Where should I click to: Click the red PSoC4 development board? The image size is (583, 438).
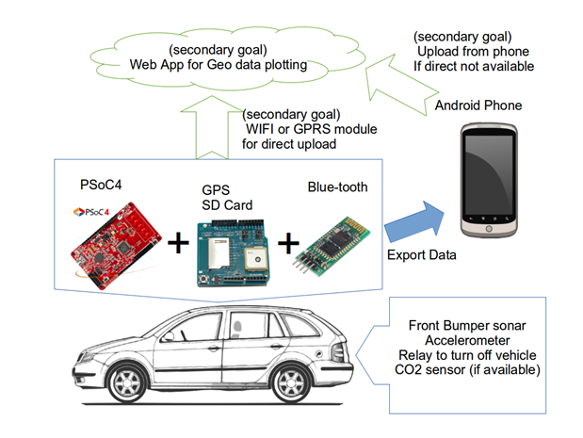pyautogui.click(x=116, y=246)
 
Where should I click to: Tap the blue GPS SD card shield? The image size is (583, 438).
pyautogui.click(x=233, y=253)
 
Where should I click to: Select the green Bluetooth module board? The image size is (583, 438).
pyautogui.click(x=332, y=247)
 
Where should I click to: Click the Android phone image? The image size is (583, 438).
pyautogui.click(x=489, y=180)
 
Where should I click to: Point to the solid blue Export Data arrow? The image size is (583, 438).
pyautogui.click(x=414, y=221)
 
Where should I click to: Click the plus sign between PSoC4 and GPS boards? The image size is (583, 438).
pyautogui.click(x=178, y=243)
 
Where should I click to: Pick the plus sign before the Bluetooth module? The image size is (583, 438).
pyautogui.click(x=288, y=243)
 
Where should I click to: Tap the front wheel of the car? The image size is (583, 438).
pyautogui.click(x=127, y=383)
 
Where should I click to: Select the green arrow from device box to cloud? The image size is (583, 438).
pyautogui.click(x=212, y=127)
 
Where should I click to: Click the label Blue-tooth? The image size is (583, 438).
pyautogui.click(x=337, y=187)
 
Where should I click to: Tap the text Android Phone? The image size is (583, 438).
pyautogui.click(x=478, y=105)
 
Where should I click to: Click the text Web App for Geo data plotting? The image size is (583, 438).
pyautogui.click(x=219, y=65)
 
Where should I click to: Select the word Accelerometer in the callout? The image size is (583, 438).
pyautogui.click(x=467, y=340)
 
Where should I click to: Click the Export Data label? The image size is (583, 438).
pyautogui.click(x=422, y=255)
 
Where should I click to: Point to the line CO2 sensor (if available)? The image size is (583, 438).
pyautogui.click(x=467, y=370)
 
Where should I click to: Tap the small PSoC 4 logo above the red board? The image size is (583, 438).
pyautogui.click(x=91, y=212)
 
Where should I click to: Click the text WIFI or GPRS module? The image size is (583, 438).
pyautogui.click(x=312, y=129)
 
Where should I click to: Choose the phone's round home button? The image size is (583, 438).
pyautogui.click(x=489, y=229)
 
